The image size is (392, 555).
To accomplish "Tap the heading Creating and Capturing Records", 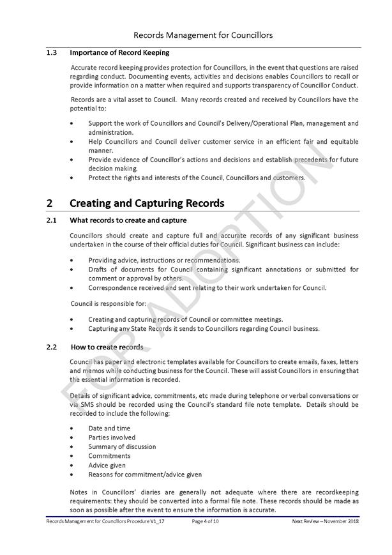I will tap(147, 204).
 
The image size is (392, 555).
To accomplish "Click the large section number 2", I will tap(50, 204).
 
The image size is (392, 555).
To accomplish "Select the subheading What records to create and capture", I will tap(128, 220).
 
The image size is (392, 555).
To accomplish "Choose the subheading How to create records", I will tap(107, 347).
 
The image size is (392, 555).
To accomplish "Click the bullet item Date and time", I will tap(109, 428).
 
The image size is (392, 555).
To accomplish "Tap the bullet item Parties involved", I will tap(112, 437).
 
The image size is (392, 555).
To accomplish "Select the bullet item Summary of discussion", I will tap(122, 446).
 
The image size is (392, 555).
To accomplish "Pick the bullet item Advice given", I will tap(107, 466).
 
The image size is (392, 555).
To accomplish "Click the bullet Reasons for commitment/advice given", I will tap(145, 475).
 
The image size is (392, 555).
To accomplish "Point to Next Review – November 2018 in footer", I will tap(325, 522).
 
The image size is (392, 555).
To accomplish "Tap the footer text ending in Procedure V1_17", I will tap(101, 522).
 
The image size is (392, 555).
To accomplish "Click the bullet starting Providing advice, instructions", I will tap(164, 260).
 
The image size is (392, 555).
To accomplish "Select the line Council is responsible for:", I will tap(108, 303).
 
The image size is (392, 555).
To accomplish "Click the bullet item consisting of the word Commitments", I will tap(109, 456).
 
